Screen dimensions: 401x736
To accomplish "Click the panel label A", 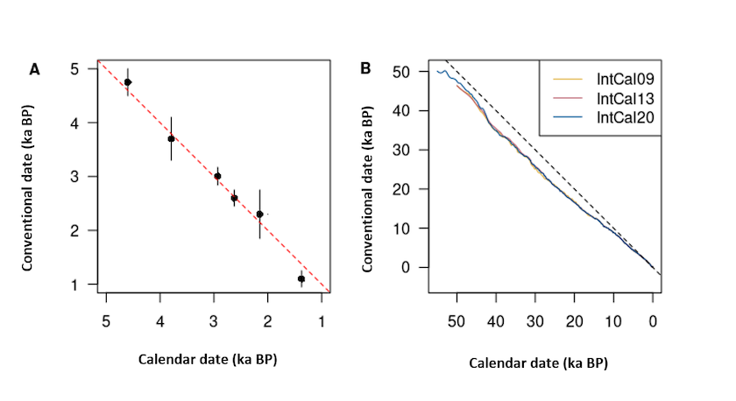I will coord(34,69).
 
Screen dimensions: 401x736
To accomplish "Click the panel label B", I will coord(365,68).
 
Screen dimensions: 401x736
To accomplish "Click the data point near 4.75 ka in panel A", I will coord(128,82).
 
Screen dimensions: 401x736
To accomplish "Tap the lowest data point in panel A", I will coord(301,278).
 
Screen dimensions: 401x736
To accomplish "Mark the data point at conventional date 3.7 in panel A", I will coord(172,138).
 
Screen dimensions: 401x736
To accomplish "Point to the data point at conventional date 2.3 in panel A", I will coord(260,214).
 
